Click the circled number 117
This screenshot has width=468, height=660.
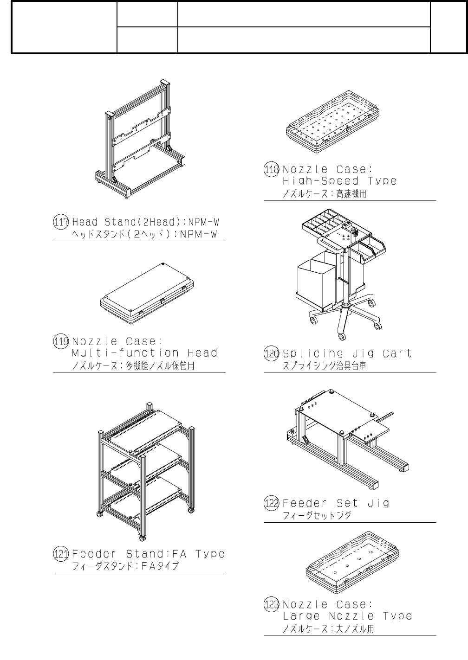click(x=61, y=222)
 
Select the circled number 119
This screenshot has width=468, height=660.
click(x=61, y=342)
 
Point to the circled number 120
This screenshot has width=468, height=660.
click(x=272, y=354)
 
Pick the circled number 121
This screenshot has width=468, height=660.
click(x=61, y=554)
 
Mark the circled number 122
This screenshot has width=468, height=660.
click(x=272, y=503)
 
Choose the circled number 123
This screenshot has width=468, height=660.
click(x=272, y=605)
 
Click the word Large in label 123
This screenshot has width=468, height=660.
click(x=301, y=616)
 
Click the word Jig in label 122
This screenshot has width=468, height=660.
click(x=378, y=503)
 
